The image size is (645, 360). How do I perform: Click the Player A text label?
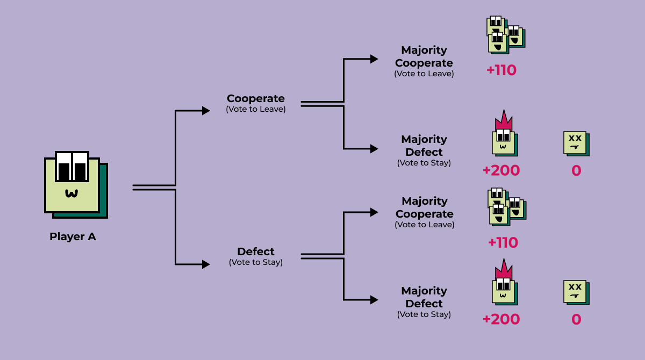point(73,236)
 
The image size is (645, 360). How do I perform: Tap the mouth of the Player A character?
point(71,193)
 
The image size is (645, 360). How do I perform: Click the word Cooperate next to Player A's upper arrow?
point(255,98)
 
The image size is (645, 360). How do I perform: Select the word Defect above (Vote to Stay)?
point(255,251)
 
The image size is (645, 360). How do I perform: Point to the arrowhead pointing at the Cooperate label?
point(206,111)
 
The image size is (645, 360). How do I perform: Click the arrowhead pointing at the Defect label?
point(206,264)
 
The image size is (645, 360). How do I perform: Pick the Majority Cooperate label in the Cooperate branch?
point(424,56)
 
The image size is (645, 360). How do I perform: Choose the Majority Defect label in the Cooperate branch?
point(424,146)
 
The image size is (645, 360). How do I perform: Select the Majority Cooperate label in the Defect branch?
point(424,207)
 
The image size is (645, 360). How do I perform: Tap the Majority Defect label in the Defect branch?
point(424,297)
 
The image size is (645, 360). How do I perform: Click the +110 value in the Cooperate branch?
point(501,70)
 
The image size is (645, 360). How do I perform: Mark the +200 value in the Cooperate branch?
point(501,171)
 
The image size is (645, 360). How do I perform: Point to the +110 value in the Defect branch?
point(503,243)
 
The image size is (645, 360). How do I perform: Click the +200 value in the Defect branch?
point(501,320)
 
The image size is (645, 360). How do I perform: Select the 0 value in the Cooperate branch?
point(576,171)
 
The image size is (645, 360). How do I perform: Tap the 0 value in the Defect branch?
point(576,320)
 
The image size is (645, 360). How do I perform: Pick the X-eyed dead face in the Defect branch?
point(576,292)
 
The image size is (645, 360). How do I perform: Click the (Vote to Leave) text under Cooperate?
point(255,109)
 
